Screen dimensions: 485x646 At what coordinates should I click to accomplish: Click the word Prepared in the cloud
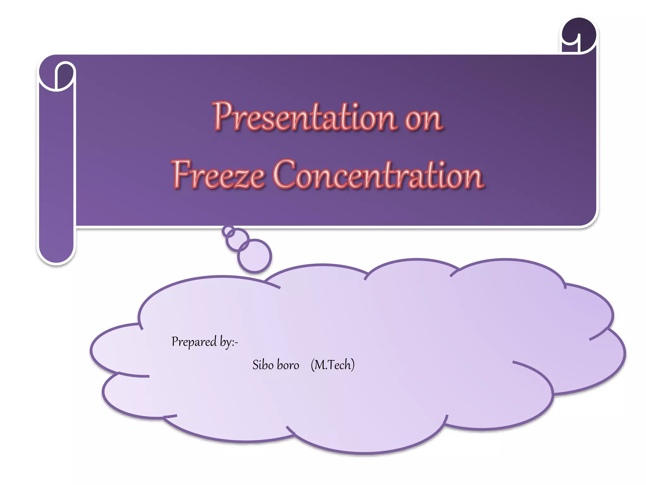point(194,342)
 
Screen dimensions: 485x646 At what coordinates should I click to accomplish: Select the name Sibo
point(263,365)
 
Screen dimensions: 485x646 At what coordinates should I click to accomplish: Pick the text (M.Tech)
point(332,365)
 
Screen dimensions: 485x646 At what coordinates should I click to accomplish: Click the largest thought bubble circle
point(255,256)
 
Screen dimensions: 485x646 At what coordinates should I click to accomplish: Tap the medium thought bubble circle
point(237,239)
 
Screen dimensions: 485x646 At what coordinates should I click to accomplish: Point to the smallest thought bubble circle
point(228,231)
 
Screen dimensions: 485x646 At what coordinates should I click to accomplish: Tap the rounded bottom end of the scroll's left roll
point(56,253)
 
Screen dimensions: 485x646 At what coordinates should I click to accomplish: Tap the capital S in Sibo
point(255,365)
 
